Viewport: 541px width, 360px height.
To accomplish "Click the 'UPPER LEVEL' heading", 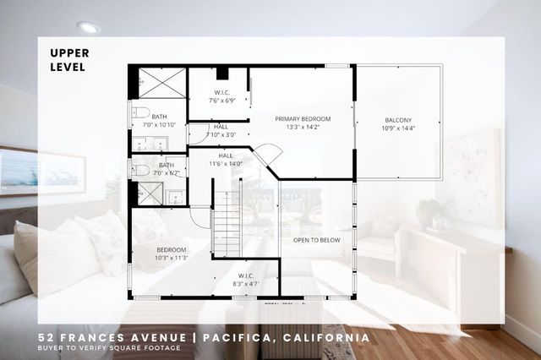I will pyautogui.click(x=69, y=58).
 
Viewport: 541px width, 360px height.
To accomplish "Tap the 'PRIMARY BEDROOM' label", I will pyautogui.click(x=303, y=123).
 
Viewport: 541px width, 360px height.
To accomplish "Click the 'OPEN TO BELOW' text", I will pyautogui.click(x=316, y=240).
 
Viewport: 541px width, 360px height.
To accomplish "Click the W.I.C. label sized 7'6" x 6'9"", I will pyautogui.click(x=221, y=96).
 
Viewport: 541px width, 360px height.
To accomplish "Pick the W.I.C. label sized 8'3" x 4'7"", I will pyautogui.click(x=246, y=280).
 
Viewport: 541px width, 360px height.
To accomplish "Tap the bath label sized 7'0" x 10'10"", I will pyautogui.click(x=159, y=120).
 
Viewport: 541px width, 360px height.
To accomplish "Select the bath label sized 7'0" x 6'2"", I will pyautogui.click(x=167, y=169).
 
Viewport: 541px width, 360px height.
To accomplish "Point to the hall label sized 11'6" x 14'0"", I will pyautogui.click(x=226, y=159).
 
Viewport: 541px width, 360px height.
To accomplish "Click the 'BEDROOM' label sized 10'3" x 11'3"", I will pyautogui.click(x=172, y=254).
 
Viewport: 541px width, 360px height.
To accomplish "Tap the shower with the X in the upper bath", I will pyautogui.click(x=161, y=84).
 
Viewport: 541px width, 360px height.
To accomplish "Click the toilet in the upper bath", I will pyautogui.click(x=140, y=112).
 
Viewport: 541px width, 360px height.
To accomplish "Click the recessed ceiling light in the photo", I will pyautogui.click(x=88, y=27).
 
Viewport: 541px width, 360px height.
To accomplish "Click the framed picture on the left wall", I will pyautogui.click(x=30, y=171).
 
